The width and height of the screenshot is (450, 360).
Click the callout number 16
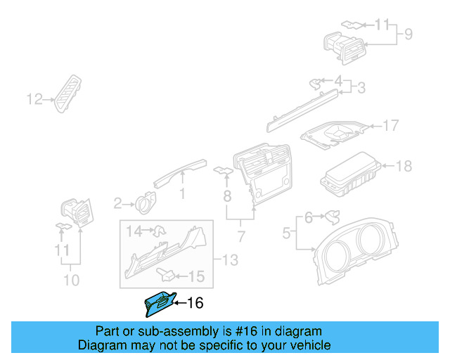point(195,303)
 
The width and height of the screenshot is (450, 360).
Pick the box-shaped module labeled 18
point(352,176)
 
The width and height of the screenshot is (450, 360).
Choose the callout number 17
point(390,126)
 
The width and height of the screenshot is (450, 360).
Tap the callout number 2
point(117,204)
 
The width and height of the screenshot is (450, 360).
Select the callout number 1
point(182,193)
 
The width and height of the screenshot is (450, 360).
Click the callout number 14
point(134,229)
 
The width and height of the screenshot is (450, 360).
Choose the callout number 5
point(286,232)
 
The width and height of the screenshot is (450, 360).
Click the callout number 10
point(70,281)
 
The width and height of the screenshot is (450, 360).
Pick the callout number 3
point(361,89)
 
